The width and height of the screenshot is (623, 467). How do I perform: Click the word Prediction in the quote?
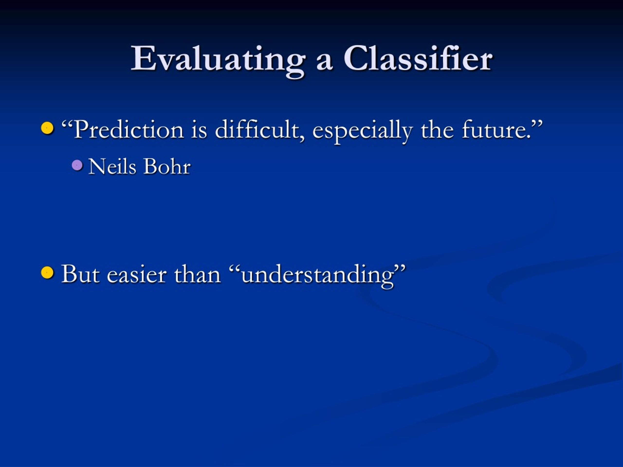click(x=129, y=130)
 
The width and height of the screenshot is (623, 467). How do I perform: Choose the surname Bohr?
click(x=167, y=166)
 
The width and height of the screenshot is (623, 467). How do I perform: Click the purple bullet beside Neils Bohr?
click(x=77, y=165)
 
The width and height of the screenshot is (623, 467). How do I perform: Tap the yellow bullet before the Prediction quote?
click(x=47, y=128)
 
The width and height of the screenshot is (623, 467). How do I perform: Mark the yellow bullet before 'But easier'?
click(x=47, y=272)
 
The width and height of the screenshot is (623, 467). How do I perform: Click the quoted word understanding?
click(x=318, y=276)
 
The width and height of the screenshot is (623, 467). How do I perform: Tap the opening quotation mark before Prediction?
click(x=67, y=124)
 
